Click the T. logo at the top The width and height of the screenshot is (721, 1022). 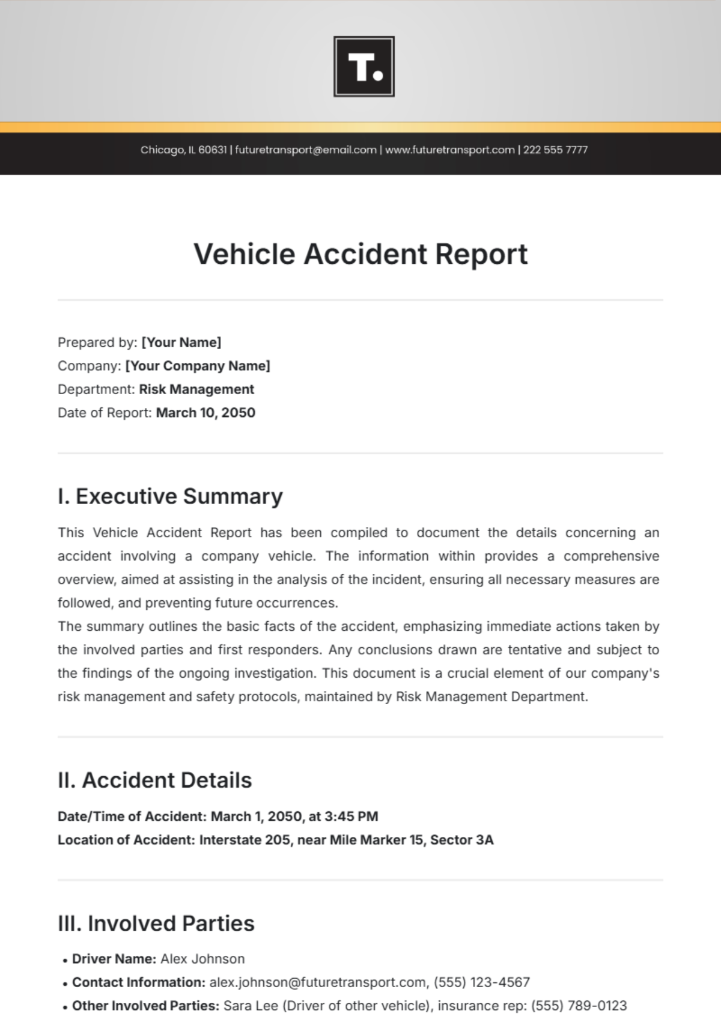pyautogui.click(x=364, y=67)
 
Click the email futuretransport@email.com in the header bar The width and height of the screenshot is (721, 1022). pyautogui.click(x=305, y=150)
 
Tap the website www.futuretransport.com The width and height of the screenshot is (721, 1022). pyautogui.click(x=449, y=150)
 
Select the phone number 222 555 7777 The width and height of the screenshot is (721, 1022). pyautogui.click(x=555, y=150)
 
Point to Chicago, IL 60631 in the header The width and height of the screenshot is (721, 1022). pyautogui.click(x=183, y=150)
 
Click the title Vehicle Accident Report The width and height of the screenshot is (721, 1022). pyautogui.click(x=360, y=254)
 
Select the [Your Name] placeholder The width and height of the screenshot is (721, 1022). pyautogui.click(x=181, y=342)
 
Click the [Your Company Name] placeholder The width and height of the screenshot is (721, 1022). pyautogui.click(x=198, y=366)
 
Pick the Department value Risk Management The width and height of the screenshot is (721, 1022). pyautogui.click(x=196, y=389)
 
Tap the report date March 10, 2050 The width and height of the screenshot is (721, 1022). pyautogui.click(x=205, y=413)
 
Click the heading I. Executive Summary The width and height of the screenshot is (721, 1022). pyautogui.click(x=170, y=496)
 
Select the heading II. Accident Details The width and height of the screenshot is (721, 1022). pyautogui.click(x=154, y=780)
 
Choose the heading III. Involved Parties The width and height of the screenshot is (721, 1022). pyautogui.click(x=156, y=923)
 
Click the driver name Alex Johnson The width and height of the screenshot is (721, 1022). pyautogui.click(x=202, y=959)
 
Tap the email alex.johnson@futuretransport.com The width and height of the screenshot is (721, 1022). pyautogui.click(x=318, y=982)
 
